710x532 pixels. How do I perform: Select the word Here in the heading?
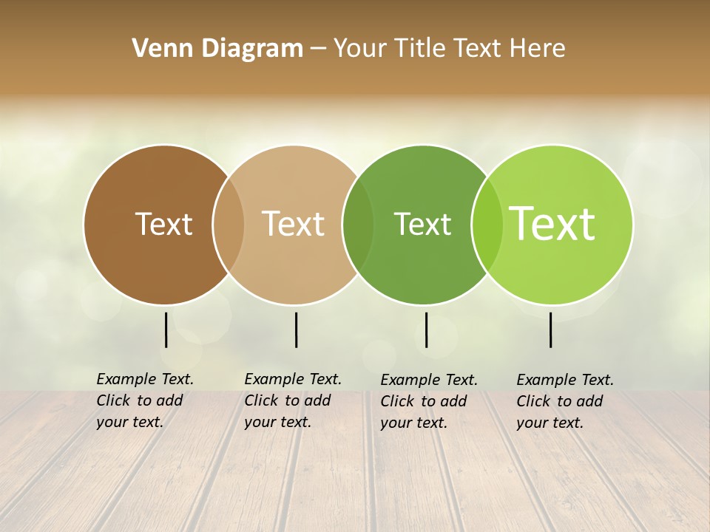point(537,49)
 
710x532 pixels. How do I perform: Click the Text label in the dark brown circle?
point(163,224)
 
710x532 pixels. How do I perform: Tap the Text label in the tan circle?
point(294,224)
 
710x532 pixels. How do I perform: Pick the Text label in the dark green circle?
point(422,224)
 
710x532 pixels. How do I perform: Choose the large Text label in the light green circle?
point(552,224)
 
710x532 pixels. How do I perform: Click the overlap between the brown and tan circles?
point(229,225)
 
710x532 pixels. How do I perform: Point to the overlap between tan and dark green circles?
point(358,225)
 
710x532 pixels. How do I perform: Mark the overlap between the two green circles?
point(487,225)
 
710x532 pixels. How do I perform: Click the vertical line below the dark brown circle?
point(166,330)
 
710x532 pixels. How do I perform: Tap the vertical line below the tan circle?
point(296,330)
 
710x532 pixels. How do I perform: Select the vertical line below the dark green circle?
point(426,330)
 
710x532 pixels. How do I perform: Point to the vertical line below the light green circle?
point(551,330)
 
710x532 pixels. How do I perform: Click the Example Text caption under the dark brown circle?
point(145,400)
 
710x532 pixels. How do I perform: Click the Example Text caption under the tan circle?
point(293,400)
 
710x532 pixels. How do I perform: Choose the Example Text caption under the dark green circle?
point(429,401)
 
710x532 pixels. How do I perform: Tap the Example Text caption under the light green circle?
point(565,401)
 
